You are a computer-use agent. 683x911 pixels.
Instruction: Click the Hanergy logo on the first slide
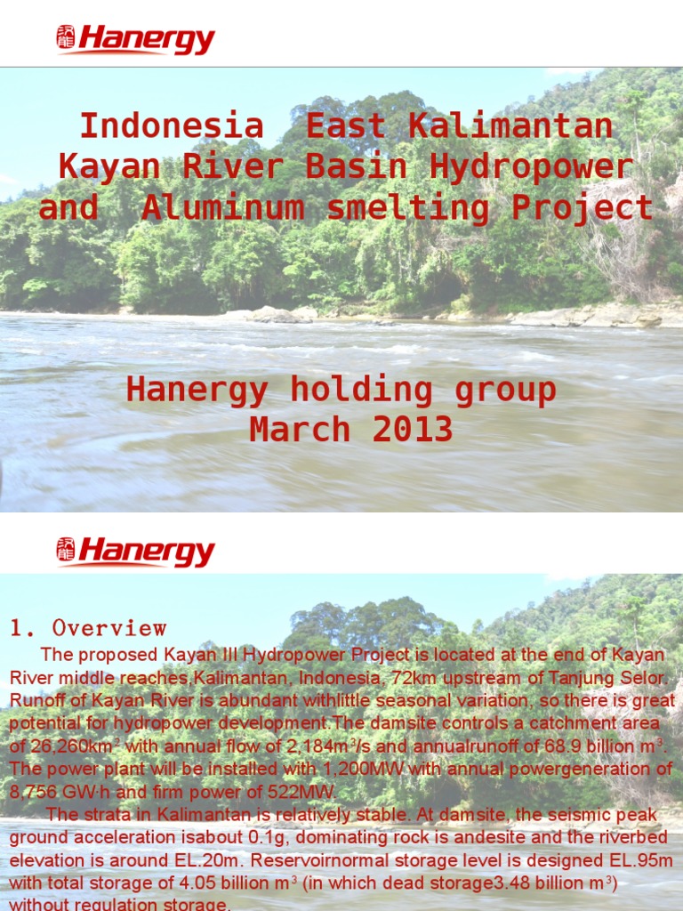click(136, 40)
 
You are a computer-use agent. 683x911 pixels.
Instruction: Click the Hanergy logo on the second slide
click(136, 552)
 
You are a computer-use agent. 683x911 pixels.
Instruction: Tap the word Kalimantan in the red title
click(510, 126)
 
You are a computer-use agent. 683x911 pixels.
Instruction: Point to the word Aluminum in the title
click(222, 208)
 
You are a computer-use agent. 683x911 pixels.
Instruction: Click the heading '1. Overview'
click(88, 628)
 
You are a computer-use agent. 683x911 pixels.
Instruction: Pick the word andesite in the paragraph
click(438, 837)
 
